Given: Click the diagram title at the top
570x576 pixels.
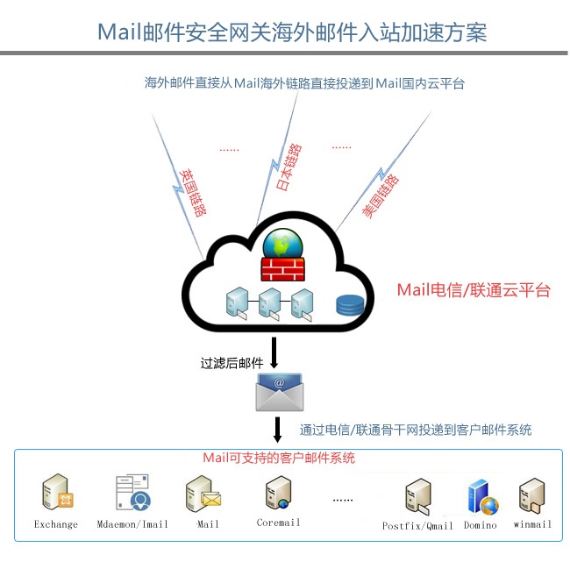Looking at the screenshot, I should [x=291, y=32].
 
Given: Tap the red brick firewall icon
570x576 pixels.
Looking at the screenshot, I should [x=281, y=267].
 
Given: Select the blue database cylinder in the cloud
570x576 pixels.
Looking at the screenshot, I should [x=349, y=305].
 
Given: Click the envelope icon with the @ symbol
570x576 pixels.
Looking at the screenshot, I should [x=279, y=392].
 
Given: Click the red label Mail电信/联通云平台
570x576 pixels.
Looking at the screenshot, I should [x=474, y=290].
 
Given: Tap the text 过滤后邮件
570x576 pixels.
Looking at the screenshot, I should [x=232, y=362].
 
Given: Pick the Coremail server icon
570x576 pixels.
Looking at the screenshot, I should [x=278, y=494].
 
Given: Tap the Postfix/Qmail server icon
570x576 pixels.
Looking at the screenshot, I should [x=417, y=497].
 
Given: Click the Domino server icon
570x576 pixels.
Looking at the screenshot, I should [x=481, y=497].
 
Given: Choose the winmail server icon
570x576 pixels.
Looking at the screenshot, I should [x=531, y=497].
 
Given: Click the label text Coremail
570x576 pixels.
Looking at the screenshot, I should [x=278, y=523].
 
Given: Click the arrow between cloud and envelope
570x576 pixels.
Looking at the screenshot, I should [x=274, y=352].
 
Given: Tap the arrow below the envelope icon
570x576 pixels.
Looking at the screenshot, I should [x=277, y=430].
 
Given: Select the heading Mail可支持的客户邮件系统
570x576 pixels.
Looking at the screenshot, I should [x=279, y=458].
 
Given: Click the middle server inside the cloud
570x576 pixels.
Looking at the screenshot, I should [x=269, y=302].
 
